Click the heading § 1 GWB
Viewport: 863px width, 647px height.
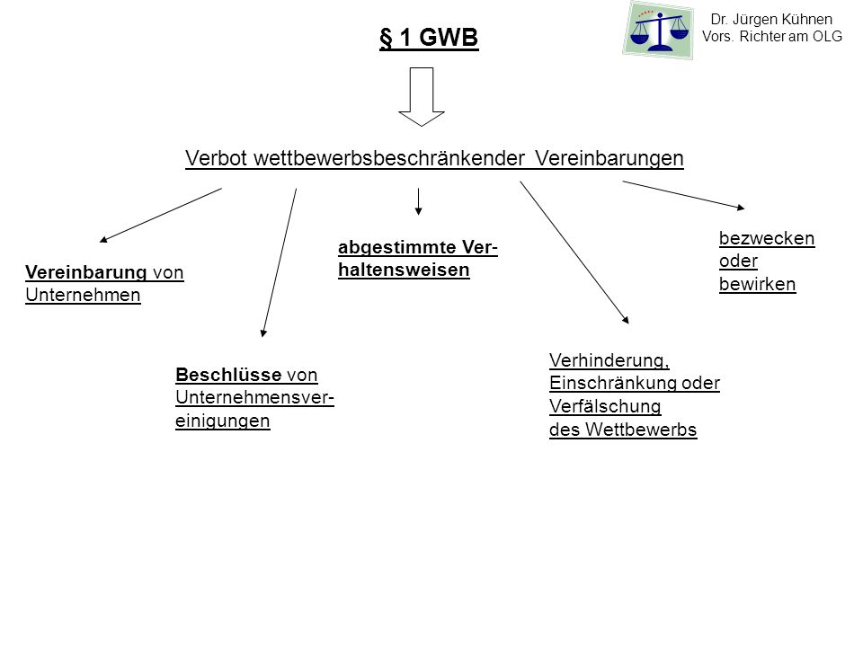click(429, 38)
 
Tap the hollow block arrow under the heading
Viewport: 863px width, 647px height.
click(422, 97)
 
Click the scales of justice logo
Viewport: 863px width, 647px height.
click(658, 30)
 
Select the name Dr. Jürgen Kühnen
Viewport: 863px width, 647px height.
click(771, 19)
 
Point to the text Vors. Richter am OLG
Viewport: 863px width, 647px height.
click(772, 36)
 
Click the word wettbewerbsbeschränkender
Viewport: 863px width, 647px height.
click(389, 158)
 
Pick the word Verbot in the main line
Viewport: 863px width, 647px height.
click(217, 158)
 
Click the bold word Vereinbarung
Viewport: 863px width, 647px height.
click(86, 272)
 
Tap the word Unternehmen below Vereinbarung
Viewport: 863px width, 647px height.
click(83, 296)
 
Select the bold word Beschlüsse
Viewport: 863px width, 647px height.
click(228, 375)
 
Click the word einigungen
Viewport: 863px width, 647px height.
click(222, 421)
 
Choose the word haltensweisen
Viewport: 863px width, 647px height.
click(404, 270)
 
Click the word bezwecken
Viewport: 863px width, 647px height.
click(767, 238)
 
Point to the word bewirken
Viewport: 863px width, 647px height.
click(757, 285)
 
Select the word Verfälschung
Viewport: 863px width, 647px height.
click(605, 406)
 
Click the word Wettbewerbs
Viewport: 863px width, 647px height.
click(641, 430)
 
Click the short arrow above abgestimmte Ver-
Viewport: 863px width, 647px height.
click(418, 201)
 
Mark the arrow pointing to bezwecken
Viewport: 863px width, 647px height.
click(683, 195)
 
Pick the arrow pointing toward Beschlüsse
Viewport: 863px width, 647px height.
click(279, 263)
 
